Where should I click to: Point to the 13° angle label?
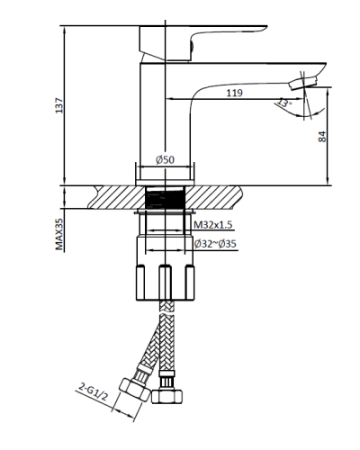[286, 104]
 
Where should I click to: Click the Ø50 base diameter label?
[165, 159]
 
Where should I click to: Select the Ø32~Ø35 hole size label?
[215, 243]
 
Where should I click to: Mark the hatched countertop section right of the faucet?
[216, 196]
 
